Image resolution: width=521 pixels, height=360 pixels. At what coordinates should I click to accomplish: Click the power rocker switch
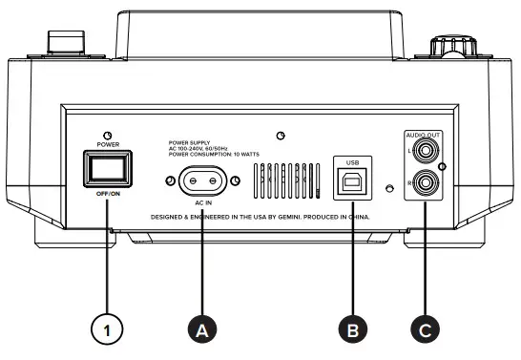click(x=107, y=170)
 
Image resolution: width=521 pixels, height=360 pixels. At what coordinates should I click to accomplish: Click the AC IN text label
click(x=201, y=203)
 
